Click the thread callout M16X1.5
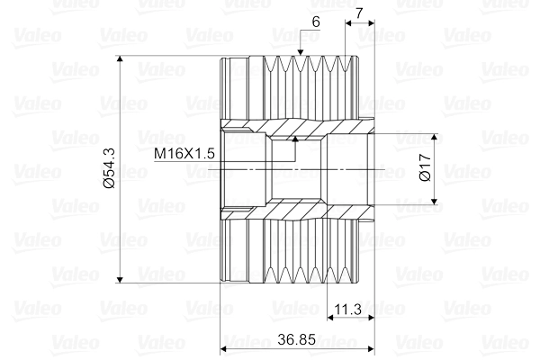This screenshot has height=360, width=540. (184, 154)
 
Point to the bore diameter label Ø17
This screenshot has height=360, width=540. (426, 171)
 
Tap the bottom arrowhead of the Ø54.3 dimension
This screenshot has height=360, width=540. (120, 279)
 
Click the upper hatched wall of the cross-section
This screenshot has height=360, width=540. (297, 129)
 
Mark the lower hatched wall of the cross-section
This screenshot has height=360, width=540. (297, 212)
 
